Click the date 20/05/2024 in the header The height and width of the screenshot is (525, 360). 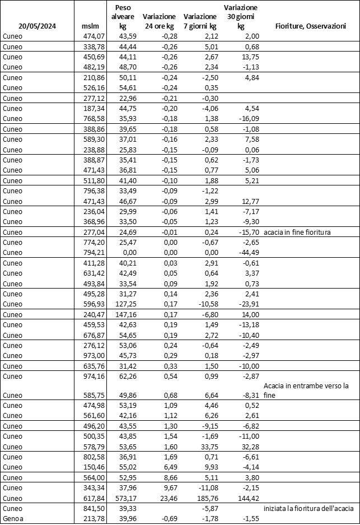point(38,26)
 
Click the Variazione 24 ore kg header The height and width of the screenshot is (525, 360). point(160,21)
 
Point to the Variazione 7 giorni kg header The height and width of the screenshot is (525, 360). point(200,21)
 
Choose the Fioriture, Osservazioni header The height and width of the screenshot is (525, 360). point(310,26)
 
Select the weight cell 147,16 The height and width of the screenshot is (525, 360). point(124,315)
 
